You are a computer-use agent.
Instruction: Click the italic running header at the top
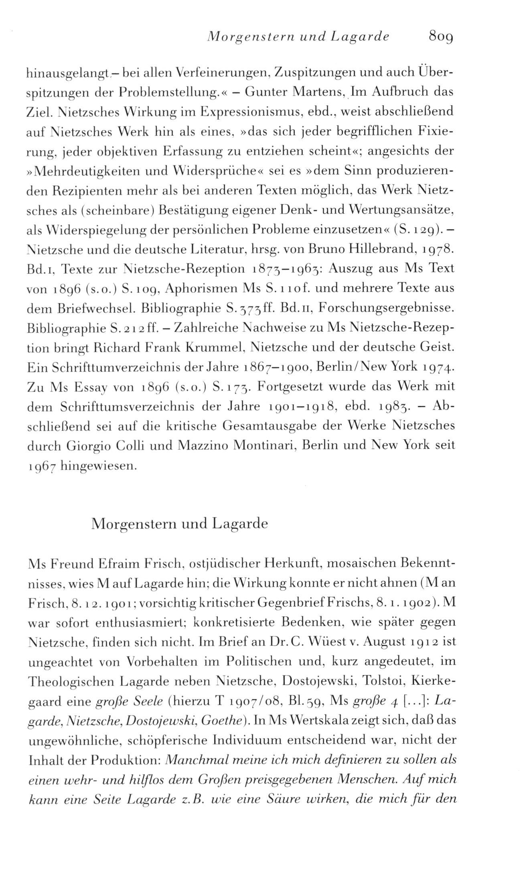click(298, 37)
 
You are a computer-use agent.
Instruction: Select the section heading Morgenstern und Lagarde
click(179, 524)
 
